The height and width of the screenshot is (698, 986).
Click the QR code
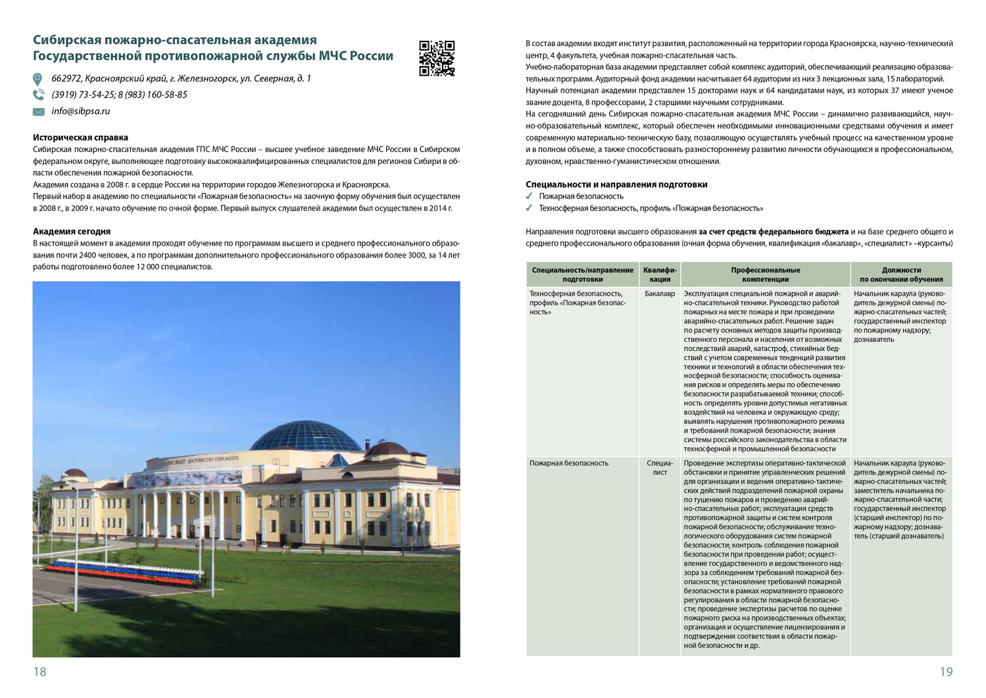pos(437,58)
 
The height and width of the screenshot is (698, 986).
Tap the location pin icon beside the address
pos(38,79)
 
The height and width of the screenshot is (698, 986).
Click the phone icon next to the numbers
pos(38,95)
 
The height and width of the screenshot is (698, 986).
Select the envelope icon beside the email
pos(38,112)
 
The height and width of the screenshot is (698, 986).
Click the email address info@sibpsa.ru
pos(81,111)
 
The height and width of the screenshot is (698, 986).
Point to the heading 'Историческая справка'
pos(80,138)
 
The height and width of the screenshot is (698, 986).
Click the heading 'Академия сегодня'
pos(72,231)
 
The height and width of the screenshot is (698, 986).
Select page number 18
pos(39,672)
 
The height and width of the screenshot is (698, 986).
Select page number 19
pos(946,672)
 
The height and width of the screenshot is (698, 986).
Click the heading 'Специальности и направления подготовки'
pos(616,184)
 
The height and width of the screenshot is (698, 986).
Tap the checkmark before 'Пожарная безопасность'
pos(530,196)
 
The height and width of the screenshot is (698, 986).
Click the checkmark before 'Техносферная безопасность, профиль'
pos(530,208)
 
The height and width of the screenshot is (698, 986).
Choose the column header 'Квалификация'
pos(660,275)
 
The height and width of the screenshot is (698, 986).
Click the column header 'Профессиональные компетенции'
pos(765,275)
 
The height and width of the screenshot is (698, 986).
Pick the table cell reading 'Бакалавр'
pos(660,294)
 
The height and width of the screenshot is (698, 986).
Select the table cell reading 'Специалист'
pos(660,468)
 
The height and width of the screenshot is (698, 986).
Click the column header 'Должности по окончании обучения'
pos(901,275)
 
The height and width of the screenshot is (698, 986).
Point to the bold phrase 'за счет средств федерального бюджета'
pos(773,232)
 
